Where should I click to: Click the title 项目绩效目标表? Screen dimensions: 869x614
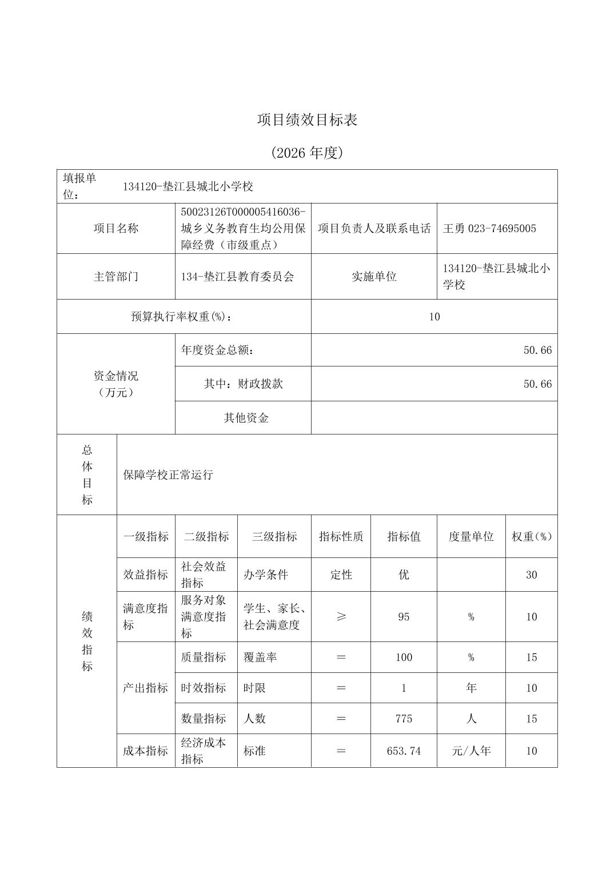click(x=307, y=120)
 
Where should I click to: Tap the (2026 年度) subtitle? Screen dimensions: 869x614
click(x=307, y=153)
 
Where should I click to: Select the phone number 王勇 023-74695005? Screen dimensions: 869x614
click(x=489, y=229)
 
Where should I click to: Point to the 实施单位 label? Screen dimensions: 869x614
click(x=374, y=277)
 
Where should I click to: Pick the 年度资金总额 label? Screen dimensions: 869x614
click(x=218, y=350)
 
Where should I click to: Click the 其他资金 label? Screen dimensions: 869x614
click(x=246, y=418)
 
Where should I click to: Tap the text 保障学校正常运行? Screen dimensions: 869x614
click(x=168, y=475)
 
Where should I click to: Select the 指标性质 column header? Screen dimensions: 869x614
click(x=341, y=536)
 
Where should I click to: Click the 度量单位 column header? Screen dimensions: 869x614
click(x=471, y=536)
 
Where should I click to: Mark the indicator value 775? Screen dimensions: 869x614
click(x=404, y=719)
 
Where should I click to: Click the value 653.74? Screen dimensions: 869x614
click(x=404, y=751)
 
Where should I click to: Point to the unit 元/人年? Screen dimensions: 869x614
click(x=471, y=751)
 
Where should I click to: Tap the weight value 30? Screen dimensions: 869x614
click(x=531, y=575)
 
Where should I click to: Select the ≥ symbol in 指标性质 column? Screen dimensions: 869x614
click(x=341, y=616)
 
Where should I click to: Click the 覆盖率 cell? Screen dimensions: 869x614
click(x=260, y=657)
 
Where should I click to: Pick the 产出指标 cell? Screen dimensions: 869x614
click(x=145, y=688)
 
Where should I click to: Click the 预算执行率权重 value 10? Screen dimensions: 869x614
click(x=434, y=317)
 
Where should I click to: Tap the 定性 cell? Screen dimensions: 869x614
click(x=341, y=575)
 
